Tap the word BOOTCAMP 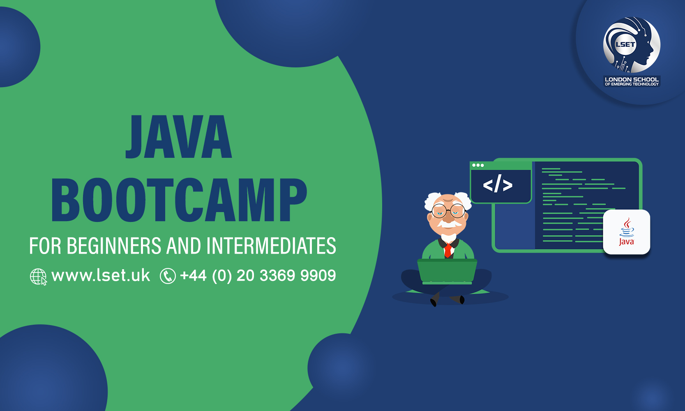point(179,200)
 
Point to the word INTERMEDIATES point(271,246)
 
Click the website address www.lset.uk point(101,275)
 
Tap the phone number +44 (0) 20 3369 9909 point(258,275)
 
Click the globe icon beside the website point(38,277)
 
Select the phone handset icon point(168,276)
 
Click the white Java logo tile point(626,232)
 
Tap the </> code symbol point(498,184)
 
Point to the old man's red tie point(447,250)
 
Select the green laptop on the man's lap point(447,271)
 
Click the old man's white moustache point(447,224)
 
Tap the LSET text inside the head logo point(625,44)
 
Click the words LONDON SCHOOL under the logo point(632,79)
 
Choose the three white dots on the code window point(478,165)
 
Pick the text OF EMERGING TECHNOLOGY point(632,84)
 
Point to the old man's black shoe point(434,302)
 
